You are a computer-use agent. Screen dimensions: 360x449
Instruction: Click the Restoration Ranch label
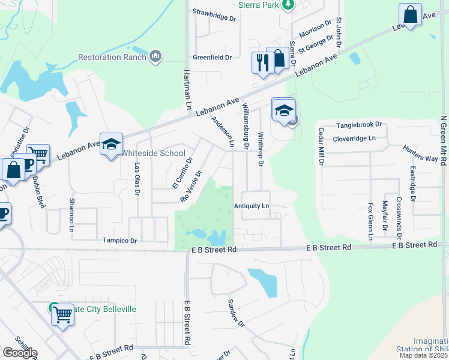pos(113,58)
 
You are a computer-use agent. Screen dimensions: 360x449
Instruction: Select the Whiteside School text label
pos(154,153)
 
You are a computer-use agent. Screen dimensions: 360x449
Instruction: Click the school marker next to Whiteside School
pos(111,144)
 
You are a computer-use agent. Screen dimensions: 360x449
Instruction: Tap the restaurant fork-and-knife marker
pos(262,62)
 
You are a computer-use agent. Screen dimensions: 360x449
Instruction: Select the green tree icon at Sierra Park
pos(289,4)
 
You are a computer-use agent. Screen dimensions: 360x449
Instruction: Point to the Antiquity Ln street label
pos(252,206)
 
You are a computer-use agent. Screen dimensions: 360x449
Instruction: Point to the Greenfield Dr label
pos(212,58)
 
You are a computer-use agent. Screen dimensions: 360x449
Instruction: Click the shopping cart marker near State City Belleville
pos(62,314)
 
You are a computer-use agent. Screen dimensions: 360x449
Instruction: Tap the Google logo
pos(20,353)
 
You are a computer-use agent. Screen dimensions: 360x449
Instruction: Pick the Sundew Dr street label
pos(235,313)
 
